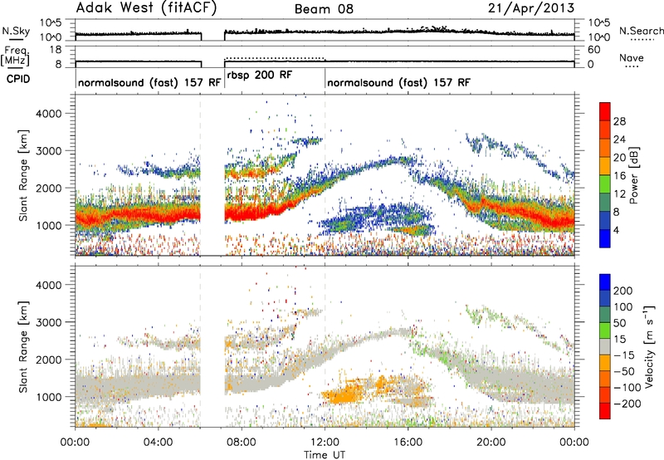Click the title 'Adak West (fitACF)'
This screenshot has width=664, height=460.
coord(146,8)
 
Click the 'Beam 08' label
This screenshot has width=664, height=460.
coord(324,9)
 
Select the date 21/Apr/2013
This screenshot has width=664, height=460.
coord(531,8)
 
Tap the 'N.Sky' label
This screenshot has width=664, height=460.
coord(16,31)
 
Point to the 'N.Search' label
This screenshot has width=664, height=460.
coord(642,31)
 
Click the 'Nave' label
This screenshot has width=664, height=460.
coord(632,57)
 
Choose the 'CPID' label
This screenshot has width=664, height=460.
coord(18,79)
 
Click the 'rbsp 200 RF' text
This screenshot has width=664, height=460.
coord(260,76)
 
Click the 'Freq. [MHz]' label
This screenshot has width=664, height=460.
coord(17,56)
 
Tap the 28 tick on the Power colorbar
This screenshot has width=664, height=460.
coord(619,121)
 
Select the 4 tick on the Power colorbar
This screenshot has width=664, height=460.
coord(617,230)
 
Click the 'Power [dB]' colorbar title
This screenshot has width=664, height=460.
coord(633,176)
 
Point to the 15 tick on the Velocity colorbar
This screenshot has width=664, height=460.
coord(619,339)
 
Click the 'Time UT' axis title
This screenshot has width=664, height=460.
coord(325,455)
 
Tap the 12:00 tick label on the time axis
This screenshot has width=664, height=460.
coord(325,443)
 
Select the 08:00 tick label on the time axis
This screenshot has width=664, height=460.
coord(242,443)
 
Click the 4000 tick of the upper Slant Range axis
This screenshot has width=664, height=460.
coord(48,114)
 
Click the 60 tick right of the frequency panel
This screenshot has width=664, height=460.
coord(593,50)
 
